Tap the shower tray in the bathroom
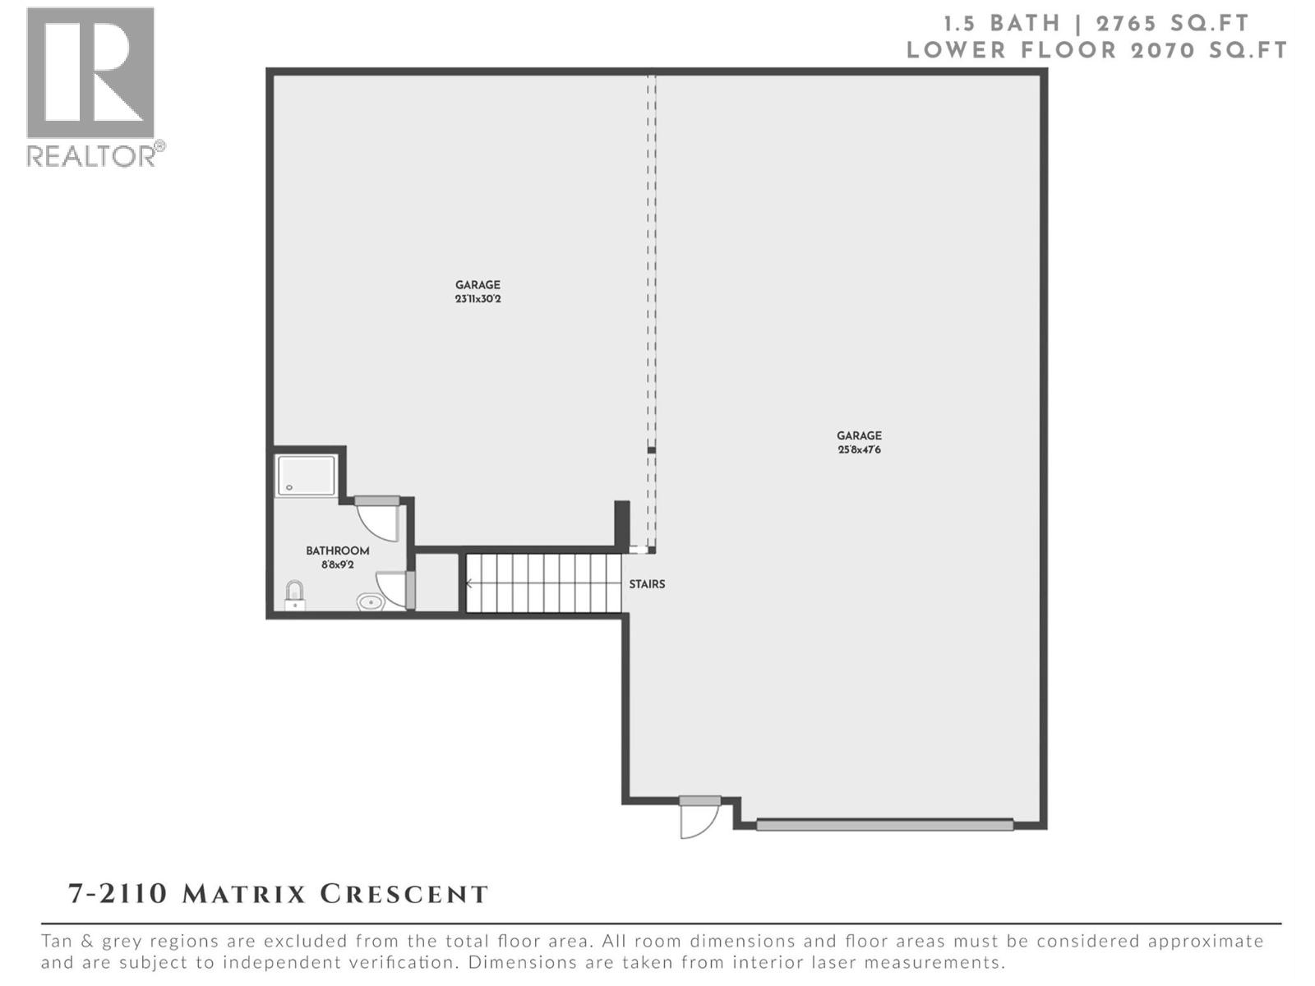pos(306,476)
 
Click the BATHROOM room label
pos(337,551)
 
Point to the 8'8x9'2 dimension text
pos(337,564)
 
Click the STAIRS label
pos(647,584)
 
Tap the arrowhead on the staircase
pos(469,584)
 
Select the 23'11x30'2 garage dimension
pos(478,299)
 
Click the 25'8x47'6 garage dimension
pos(859,449)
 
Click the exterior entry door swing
pos(699,820)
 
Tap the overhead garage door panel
pos(884,824)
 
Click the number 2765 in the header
pos(1136,23)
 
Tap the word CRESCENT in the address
pos(404,894)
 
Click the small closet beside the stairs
pos(437,583)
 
